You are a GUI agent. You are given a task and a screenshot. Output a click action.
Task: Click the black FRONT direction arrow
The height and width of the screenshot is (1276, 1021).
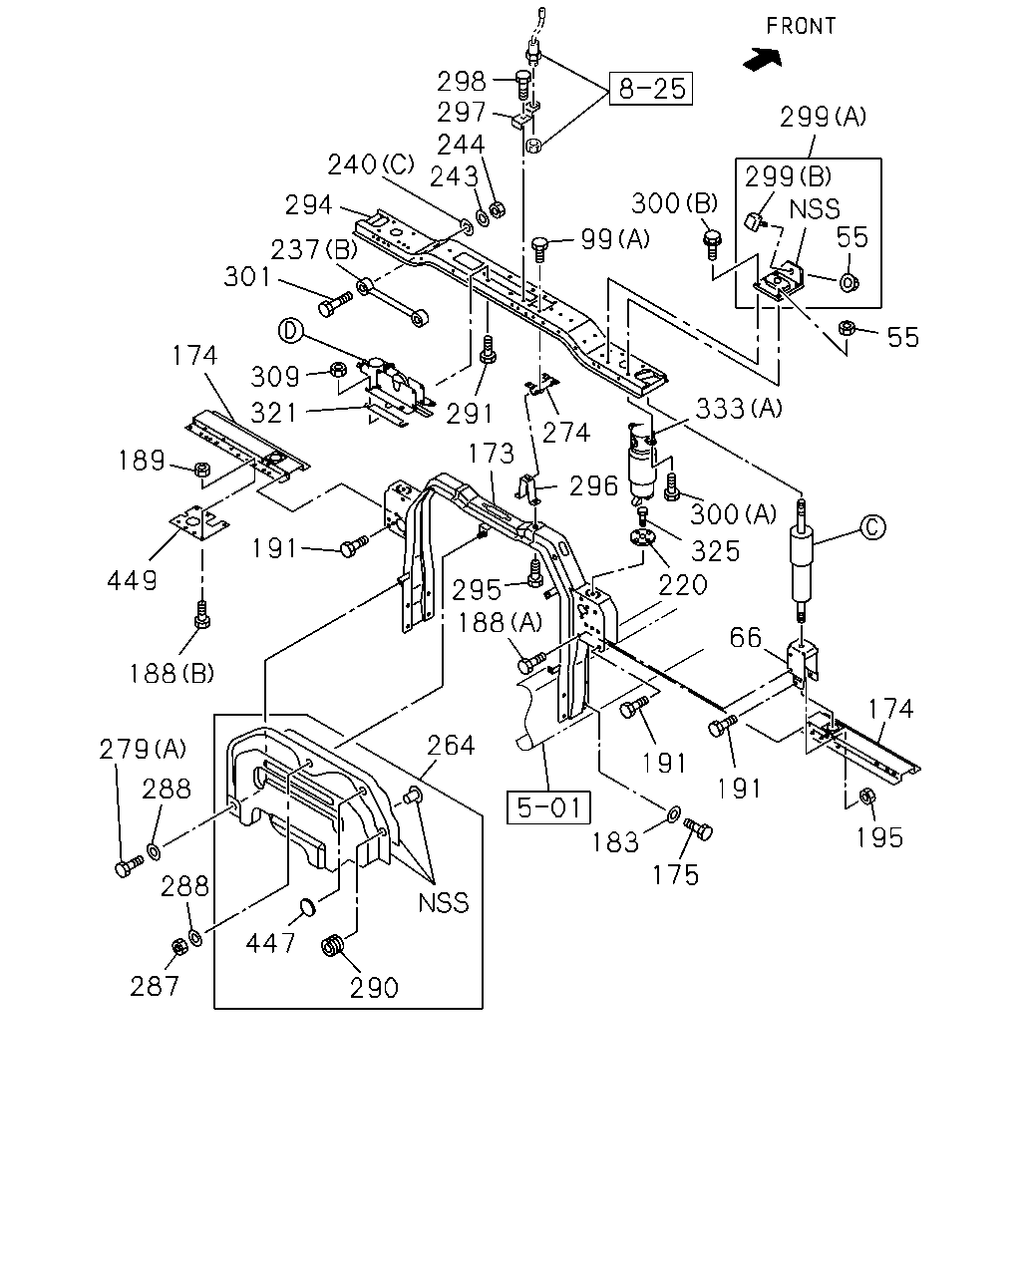[x=763, y=59]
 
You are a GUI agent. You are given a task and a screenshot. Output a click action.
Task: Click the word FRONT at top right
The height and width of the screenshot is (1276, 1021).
[x=801, y=26]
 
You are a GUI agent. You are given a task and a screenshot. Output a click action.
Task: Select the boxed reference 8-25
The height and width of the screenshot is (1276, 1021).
[x=651, y=89]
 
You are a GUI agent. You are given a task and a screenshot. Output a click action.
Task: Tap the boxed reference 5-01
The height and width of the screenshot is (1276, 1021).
[x=548, y=807]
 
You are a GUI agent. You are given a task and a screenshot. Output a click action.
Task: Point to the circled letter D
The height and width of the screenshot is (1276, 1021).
[x=290, y=331]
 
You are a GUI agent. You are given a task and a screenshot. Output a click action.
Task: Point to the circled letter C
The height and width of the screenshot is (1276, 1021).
[x=872, y=527]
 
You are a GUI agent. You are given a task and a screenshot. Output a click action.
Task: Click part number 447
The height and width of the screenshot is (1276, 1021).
[x=270, y=943]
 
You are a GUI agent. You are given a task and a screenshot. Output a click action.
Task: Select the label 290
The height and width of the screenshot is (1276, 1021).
[x=374, y=988]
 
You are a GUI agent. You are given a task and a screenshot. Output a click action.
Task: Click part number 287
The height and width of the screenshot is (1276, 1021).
[x=155, y=987]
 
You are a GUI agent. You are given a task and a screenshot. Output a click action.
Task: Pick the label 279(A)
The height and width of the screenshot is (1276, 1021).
[x=143, y=749]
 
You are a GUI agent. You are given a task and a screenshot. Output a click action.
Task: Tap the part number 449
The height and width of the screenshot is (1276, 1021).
[x=132, y=580]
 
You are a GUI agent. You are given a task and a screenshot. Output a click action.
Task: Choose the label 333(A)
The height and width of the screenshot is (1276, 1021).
[x=739, y=408]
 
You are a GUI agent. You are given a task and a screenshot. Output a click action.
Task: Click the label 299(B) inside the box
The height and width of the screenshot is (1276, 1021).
[x=788, y=176]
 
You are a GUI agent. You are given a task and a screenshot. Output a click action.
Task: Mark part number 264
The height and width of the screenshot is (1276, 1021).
[x=451, y=746]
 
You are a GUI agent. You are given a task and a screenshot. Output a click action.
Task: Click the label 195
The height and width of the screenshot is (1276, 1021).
[x=879, y=837]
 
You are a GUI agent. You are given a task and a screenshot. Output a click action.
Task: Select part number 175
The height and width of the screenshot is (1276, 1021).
[x=676, y=875]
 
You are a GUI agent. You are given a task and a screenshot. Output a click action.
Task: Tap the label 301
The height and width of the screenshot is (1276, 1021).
[x=247, y=277]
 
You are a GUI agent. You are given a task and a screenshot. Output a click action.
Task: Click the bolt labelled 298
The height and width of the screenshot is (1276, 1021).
[x=521, y=86]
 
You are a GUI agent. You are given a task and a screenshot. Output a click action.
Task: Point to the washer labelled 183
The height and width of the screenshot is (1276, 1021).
[x=674, y=812]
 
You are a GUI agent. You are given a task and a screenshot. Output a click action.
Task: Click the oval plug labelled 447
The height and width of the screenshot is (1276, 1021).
[x=307, y=906]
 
